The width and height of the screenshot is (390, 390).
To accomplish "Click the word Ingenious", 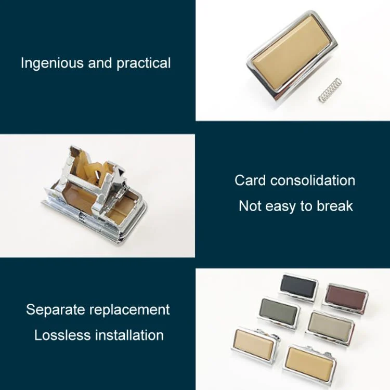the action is pyautogui.click(x=52, y=63).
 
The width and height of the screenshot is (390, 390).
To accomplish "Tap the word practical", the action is pyautogui.click(x=144, y=63).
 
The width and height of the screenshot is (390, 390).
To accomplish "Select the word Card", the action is pyautogui.click(x=250, y=180).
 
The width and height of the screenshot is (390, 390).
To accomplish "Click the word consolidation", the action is pyautogui.click(x=313, y=180).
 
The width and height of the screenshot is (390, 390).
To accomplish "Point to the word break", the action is pyautogui.click(x=335, y=206).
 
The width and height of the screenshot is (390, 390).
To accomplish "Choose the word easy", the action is pyautogui.click(x=281, y=207).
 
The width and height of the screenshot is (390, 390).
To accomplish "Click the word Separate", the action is pyautogui.click(x=56, y=310).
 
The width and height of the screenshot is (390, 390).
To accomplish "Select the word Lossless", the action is pyautogui.click(x=62, y=335).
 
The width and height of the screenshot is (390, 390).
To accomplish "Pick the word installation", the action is pyautogui.click(x=129, y=335).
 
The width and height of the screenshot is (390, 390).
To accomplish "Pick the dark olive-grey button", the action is pyautogui.click(x=279, y=311).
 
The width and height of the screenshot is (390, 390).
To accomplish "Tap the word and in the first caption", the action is pyautogui.click(x=100, y=63).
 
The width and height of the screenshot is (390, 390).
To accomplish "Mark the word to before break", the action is pyautogui.click(x=306, y=206).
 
